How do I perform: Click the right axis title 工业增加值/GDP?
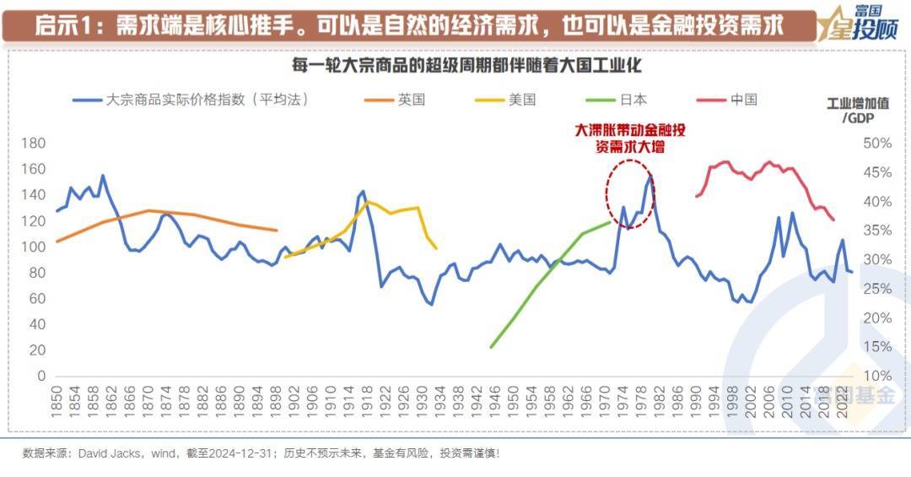click(858, 111)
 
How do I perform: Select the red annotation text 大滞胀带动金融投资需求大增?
click(629, 138)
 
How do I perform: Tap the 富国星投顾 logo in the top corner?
click(858, 24)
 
